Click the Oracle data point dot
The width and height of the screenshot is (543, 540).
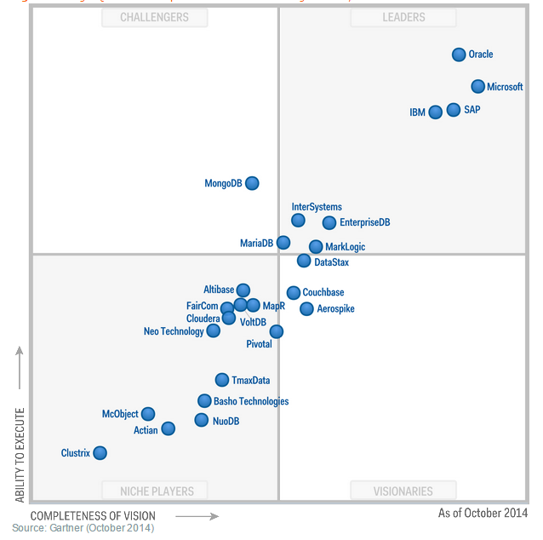pos(459,55)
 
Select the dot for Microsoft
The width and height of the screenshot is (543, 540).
pos(478,86)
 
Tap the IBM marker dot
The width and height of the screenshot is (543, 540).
pos(436,112)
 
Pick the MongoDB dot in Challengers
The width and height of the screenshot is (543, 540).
pos(252,182)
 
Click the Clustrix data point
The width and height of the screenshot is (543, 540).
pos(100,452)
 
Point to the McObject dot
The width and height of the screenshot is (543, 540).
pos(148,414)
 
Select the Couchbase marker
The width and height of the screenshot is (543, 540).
pos(294,292)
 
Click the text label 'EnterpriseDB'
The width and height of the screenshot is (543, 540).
pos(364,223)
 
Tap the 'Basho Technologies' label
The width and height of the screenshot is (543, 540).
pos(251,401)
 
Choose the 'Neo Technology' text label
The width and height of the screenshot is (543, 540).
pos(174,331)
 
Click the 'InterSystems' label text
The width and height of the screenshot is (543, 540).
pos(317,207)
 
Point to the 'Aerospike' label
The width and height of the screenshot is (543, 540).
pos(335,309)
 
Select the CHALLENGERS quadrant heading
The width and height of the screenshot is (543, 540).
pos(154,17)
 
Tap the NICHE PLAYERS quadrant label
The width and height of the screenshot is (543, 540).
pos(157,491)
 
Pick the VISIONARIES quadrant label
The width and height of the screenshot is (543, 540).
pos(403,491)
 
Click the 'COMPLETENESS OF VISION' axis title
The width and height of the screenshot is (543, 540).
pos(93,515)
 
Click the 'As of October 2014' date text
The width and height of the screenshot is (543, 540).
pos(483,514)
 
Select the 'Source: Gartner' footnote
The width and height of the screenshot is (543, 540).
pos(83,528)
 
